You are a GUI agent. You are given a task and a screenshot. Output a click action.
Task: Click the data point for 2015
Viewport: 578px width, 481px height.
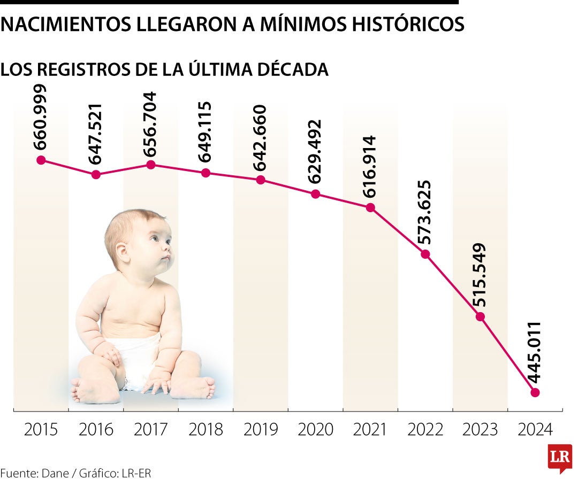click(41, 160)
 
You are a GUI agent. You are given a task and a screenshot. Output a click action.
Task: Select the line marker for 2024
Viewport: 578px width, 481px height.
click(535, 392)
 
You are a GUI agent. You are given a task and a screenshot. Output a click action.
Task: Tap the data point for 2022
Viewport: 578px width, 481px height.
click(425, 254)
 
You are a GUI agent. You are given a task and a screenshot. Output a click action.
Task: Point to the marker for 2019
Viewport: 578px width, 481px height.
click(261, 180)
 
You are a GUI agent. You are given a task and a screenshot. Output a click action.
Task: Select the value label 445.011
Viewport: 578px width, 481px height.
click(535, 353)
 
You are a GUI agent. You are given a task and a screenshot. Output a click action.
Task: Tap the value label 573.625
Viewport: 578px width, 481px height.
click(425, 213)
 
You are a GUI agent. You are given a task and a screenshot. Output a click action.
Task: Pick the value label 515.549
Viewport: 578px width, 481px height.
click(480, 275)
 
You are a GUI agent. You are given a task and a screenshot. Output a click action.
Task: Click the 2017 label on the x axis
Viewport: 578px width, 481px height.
click(151, 429)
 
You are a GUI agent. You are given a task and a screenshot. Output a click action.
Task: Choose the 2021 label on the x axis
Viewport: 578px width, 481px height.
click(370, 429)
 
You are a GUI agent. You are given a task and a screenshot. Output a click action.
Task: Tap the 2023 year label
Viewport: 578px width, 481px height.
click(480, 429)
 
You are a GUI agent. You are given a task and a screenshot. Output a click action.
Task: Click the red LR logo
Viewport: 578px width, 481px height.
click(560, 457)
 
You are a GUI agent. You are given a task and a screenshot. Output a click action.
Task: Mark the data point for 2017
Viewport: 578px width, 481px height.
click(151, 165)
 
